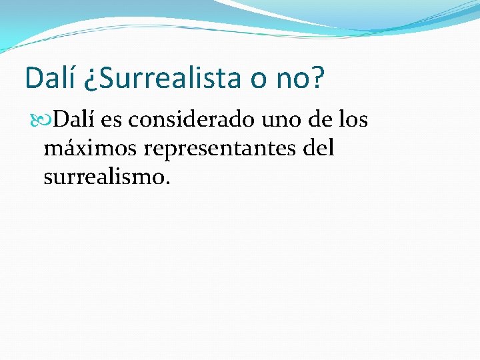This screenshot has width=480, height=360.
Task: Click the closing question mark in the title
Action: [317, 78]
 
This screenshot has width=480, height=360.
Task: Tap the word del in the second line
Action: [318, 147]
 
